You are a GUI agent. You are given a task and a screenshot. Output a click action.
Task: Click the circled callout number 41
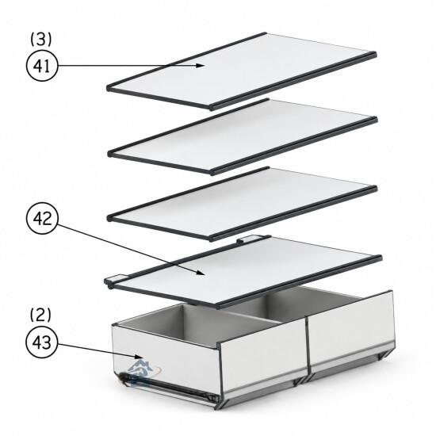pos(42,66)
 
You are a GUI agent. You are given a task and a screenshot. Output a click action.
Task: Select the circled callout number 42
pos(42,218)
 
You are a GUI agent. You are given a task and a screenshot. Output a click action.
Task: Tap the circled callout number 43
pos(42,342)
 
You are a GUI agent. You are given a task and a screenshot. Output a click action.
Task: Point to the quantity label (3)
pos(41,39)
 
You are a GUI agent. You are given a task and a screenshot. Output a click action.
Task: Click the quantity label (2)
pos(40,315)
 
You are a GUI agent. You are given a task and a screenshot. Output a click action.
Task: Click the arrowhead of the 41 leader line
pos(200,66)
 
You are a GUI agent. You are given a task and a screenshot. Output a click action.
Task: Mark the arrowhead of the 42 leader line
pos(201,272)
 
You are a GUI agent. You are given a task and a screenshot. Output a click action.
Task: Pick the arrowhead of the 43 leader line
pos(139,357)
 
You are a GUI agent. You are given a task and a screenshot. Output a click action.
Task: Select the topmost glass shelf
pos(242,71)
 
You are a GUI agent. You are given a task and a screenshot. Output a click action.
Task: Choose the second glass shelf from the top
pos(243,137)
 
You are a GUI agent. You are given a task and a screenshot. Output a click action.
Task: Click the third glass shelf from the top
pos(243,204)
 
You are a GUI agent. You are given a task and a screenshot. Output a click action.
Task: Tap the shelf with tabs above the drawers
pos(243,272)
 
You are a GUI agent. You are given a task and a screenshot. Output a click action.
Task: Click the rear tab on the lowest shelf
pos(250,239)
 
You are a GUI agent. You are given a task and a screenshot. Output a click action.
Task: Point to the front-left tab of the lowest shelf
pos(115,279)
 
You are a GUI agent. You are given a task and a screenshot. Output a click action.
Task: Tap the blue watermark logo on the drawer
pos(141,373)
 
